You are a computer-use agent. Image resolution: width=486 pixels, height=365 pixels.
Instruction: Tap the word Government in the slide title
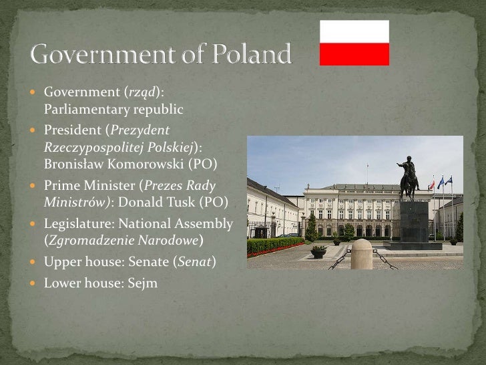(106, 54)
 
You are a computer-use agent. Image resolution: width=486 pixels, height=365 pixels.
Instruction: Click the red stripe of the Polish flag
(354, 54)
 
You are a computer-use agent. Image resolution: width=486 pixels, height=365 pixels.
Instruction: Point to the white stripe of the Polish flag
(354, 31)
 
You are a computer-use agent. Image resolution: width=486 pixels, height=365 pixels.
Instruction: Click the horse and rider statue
(408, 178)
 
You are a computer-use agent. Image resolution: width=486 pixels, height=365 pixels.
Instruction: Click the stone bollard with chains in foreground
(361, 255)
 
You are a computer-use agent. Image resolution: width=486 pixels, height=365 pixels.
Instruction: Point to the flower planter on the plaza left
(318, 251)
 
